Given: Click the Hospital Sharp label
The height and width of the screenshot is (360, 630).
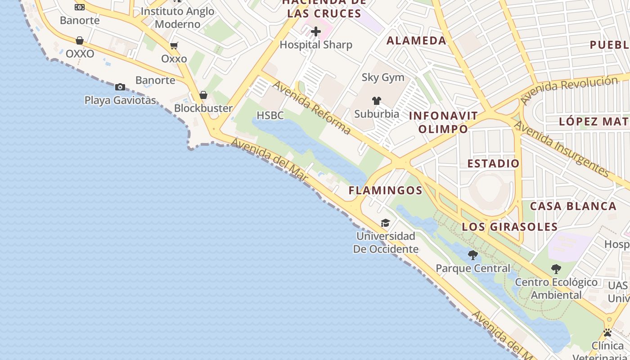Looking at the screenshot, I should [x=316, y=45].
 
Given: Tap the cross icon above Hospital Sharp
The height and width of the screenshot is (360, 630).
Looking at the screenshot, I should [x=316, y=31].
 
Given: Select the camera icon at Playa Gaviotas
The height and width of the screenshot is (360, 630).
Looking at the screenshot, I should [x=120, y=87].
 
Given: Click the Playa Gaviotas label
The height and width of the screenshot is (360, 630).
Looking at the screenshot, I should [x=120, y=100].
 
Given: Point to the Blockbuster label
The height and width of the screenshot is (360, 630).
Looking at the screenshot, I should [x=203, y=108].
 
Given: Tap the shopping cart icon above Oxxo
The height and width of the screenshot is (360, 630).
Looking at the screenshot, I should [x=174, y=45].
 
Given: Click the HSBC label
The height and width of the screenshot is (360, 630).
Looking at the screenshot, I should [x=271, y=115].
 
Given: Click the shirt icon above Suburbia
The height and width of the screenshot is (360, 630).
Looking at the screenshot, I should [x=377, y=101].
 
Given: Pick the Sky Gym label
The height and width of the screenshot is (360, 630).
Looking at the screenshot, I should [x=383, y=77].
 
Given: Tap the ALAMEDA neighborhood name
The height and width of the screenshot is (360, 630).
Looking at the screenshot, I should [x=416, y=40].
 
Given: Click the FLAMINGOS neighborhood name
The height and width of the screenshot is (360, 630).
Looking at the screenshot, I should [x=386, y=190].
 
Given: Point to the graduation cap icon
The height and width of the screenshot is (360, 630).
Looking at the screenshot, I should [x=385, y=223].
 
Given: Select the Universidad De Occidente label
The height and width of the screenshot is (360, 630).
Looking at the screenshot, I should [x=386, y=243].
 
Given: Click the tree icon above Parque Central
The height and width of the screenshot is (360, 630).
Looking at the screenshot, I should [x=473, y=255].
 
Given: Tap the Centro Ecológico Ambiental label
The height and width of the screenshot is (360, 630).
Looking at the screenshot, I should [x=556, y=288].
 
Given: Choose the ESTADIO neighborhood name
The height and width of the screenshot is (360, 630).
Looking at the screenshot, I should [x=493, y=163].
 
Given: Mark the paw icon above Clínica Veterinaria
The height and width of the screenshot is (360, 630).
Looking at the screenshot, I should [x=607, y=333].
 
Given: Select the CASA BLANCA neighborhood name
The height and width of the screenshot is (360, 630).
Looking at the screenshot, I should [x=573, y=206].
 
